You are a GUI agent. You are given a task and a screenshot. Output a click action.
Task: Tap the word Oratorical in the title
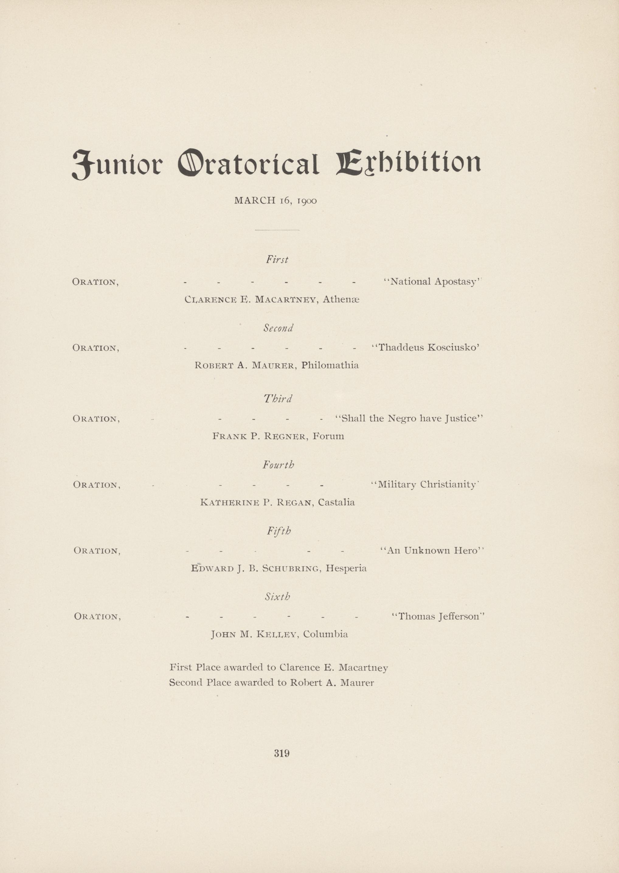click(248, 164)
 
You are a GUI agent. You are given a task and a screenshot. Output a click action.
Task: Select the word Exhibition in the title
click(408, 164)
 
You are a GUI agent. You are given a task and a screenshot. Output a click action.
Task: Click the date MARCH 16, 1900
click(275, 200)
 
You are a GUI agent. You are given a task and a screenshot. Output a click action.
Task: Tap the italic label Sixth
click(278, 597)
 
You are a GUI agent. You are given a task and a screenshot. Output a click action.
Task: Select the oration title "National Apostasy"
click(433, 281)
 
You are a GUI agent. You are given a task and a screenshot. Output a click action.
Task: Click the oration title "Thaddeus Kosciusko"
click(425, 347)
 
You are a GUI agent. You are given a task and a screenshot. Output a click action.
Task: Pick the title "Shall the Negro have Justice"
click(409, 418)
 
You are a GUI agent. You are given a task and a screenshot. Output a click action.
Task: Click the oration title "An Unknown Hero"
click(432, 550)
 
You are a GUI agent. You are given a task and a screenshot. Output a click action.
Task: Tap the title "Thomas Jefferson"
click(438, 616)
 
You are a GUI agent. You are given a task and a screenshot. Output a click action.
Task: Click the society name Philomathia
click(330, 365)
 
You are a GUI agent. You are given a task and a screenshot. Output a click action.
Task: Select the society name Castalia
click(336, 502)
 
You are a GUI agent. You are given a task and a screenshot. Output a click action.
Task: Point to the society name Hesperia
click(346, 568)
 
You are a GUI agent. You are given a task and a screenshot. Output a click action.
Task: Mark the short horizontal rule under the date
click(277, 230)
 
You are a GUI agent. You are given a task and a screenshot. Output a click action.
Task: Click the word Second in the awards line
click(186, 682)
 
